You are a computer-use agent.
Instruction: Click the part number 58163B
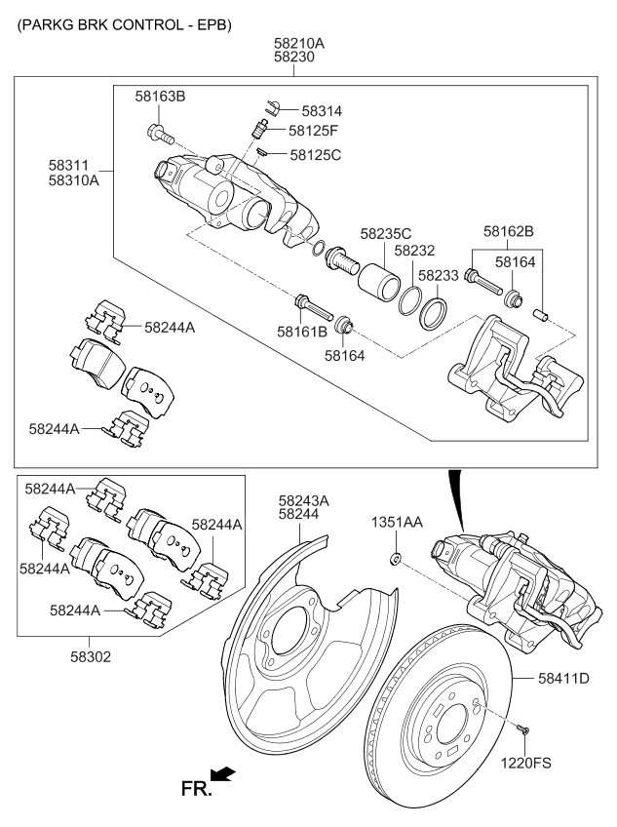coord(160,97)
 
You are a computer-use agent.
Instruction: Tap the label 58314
coord(322,111)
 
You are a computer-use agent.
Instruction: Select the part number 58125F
coord(313,131)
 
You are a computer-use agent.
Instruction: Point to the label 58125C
coord(316,155)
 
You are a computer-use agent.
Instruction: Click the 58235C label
coord(386,234)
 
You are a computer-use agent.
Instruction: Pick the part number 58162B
coord(509,231)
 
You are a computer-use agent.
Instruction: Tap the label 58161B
coord(302,332)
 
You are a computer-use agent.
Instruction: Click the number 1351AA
coord(397,522)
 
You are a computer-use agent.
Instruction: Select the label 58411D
coord(563,678)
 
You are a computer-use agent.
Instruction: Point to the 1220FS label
coord(525,763)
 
